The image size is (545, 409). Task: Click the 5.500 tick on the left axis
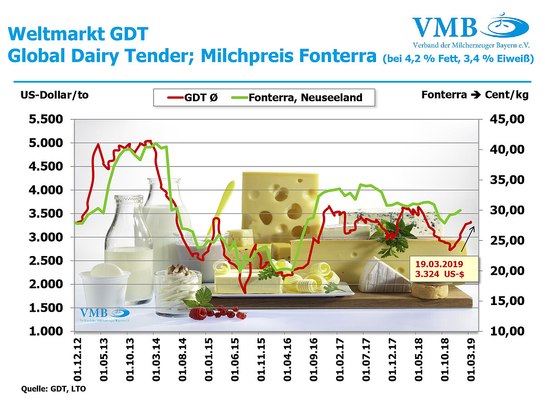pyautogui.click(x=46, y=119)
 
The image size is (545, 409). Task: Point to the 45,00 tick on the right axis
pyautogui.click(x=507, y=119)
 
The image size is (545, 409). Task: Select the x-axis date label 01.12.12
pyautogui.click(x=78, y=360)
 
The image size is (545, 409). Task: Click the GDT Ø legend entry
pyautogui.click(x=193, y=98)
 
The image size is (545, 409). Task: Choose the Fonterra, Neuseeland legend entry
pyautogui.click(x=297, y=98)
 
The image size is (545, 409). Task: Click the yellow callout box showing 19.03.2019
pyautogui.click(x=444, y=269)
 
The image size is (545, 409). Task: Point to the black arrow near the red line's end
pyautogui.click(x=468, y=239)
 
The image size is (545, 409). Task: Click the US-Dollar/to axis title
pyautogui.click(x=54, y=95)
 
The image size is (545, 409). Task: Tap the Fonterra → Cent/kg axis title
pyautogui.click(x=475, y=95)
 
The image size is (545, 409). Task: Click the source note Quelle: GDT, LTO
pyautogui.click(x=54, y=389)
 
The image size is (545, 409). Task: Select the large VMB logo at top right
pyautogui.click(x=471, y=30)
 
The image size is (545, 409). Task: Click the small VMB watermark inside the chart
pyautogui.click(x=104, y=314)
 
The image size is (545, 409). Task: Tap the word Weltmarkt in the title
pyautogui.click(x=57, y=34)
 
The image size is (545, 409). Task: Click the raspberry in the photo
pyautogui.click(x=198, y=313)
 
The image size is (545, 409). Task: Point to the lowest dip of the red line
pyautogui.click(x=245, y=293)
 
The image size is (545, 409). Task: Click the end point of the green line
pyautogui.click(x=461, y=210)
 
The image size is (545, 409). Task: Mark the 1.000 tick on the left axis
pyautogui.click(x=46, y=331)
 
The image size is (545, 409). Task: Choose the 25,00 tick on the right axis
pyautogui.click(x=507, y=241)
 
